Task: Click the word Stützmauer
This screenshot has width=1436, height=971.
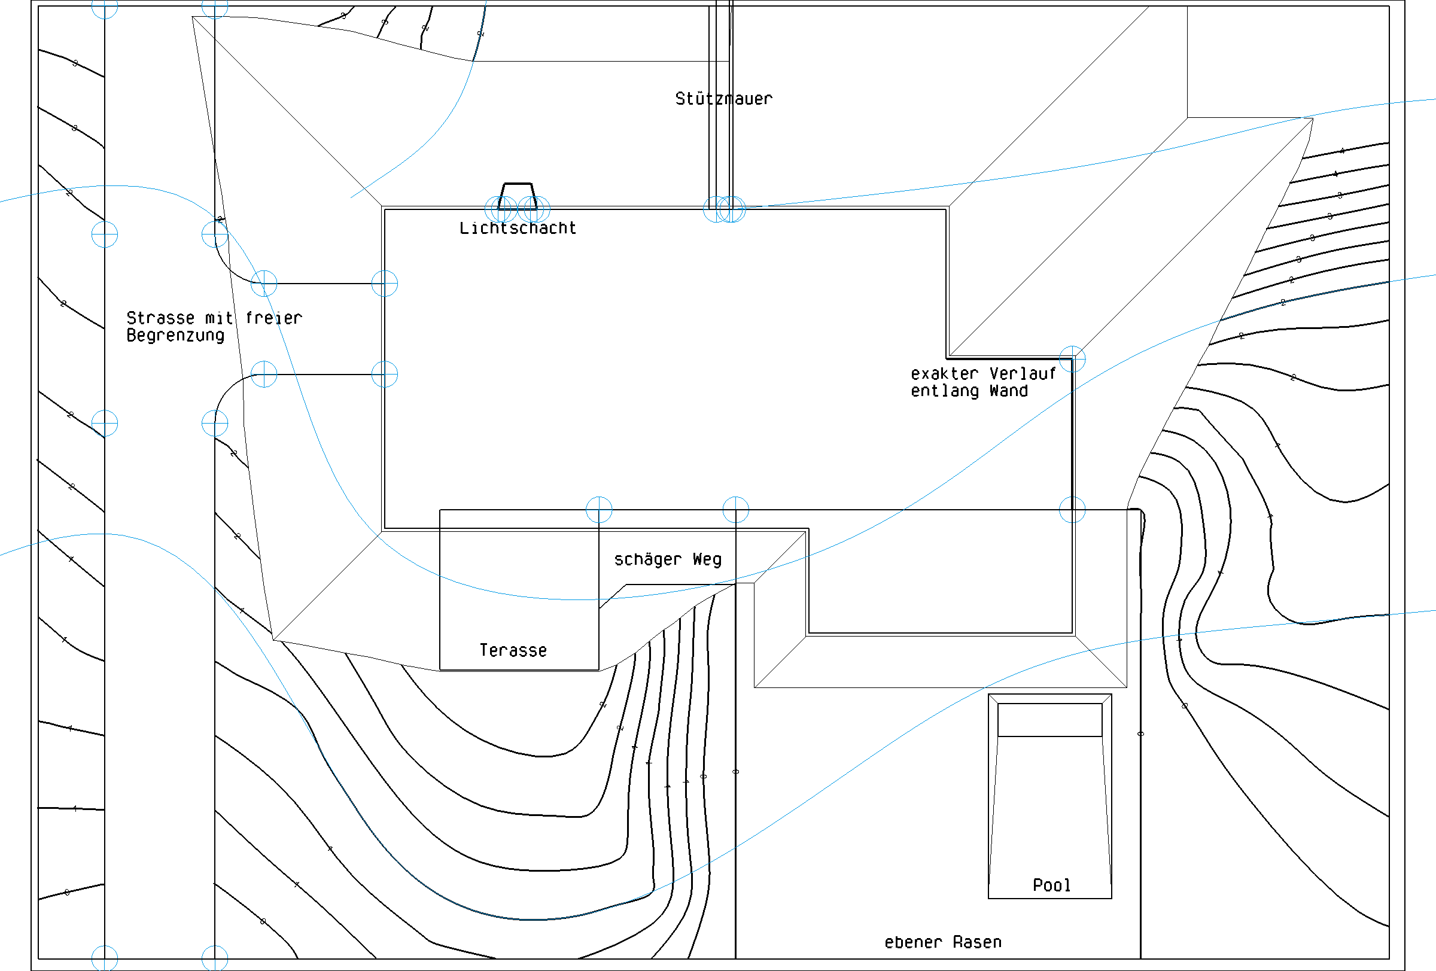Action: (723, 99)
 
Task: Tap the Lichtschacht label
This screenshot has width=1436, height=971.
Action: (518, 229)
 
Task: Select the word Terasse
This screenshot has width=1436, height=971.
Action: (513, 650)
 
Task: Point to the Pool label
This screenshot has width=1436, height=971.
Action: (1051, 885)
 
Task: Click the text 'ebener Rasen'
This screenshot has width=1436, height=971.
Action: (942, 942)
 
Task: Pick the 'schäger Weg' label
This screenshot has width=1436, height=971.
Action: (667, 559)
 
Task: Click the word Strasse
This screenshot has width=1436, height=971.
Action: (161, 318)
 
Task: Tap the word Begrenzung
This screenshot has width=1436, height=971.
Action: (175, 336)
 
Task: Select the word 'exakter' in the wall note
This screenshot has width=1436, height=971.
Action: (944, 374)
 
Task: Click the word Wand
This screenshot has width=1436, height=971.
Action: (1008, 391)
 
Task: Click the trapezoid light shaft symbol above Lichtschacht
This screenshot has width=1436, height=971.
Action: (518, 195)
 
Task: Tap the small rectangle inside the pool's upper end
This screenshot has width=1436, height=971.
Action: (1050, 720)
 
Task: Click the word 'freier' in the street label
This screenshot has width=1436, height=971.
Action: (273, 318)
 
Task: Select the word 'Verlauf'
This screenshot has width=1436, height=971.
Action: (1023, 374)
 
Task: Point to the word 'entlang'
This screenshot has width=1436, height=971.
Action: (944, 391)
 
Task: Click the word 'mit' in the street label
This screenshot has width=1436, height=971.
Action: (219, 318)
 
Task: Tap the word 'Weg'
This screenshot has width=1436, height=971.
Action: (707, 559)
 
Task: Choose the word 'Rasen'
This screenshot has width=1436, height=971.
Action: (977, 942)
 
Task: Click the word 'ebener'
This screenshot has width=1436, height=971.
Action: (913, 942)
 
